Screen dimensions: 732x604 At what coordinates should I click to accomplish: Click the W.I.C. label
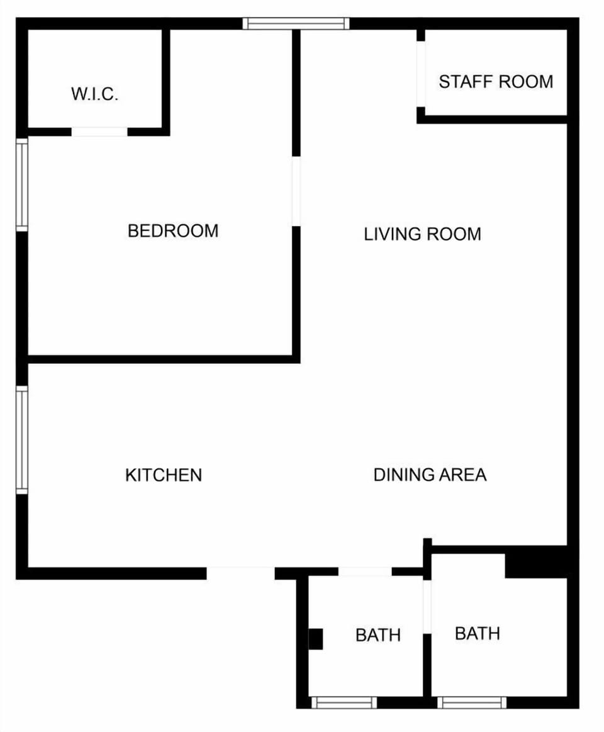(x=95, y=94)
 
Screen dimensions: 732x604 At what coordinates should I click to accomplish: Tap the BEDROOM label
(x=173, y=231)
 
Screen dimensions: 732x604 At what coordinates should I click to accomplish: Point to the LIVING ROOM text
(x=422, y=234)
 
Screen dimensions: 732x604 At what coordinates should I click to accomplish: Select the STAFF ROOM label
(x=496, y=82)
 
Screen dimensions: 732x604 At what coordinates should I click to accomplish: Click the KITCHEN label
(x=164, y=475)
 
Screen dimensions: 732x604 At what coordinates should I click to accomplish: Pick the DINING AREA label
(x=430, y=475)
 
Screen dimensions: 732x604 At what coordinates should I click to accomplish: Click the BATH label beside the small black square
(x=378, y=635)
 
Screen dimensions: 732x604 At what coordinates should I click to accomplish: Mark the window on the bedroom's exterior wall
(x=22, y=184)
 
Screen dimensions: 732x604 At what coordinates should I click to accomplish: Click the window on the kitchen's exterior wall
(x=22, y=439)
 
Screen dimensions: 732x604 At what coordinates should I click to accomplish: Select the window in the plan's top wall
(x=296, y=24)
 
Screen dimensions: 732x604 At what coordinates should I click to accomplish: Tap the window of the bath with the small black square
(x=344, y=702)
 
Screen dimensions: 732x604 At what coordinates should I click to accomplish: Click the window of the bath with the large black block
(x=472, y=702)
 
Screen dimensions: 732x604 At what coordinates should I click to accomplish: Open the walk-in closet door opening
(x=99, y=132)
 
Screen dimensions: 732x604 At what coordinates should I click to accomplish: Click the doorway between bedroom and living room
(x=296, y=191)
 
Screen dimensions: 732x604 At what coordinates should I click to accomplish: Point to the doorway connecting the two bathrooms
(x=427, y=606)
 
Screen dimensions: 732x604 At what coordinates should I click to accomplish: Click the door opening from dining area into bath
(x=365, y=572)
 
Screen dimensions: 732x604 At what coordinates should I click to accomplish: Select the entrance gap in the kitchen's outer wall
(x=240, y=573)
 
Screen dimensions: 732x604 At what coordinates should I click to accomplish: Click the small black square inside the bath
(x=315, y=639)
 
